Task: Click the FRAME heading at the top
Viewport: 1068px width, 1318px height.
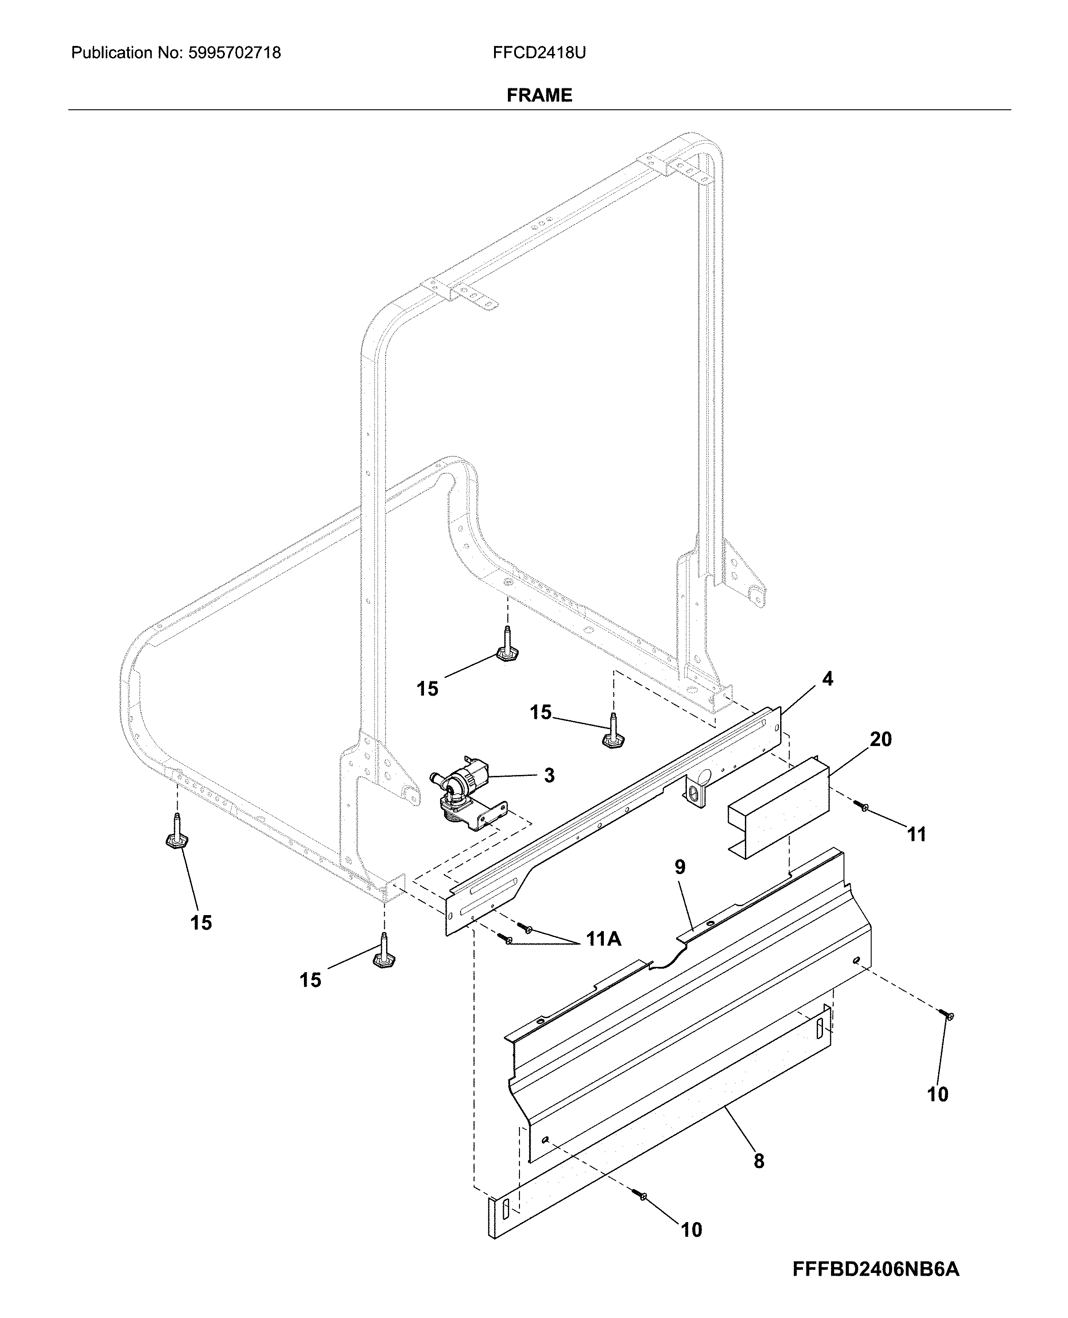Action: tap(539, 95)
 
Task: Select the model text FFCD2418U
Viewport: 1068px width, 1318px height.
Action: tap(539, 53)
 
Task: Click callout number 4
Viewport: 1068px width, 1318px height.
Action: tap(827, 679)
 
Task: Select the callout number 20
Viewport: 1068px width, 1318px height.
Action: tap(881, 739)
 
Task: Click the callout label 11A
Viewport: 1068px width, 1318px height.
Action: tap(603, 939)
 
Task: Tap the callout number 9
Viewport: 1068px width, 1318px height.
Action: tap(679, 867)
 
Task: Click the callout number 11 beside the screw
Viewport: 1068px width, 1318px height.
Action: tap(917, 835)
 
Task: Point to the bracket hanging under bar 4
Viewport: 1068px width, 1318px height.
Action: tap(696, 790)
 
